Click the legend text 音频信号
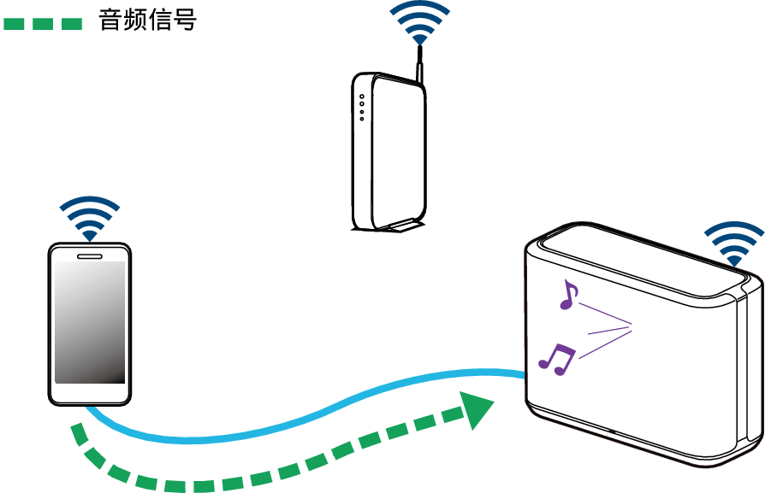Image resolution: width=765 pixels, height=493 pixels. (x=147, y=21)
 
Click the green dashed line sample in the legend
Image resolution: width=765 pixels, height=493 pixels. (x=43, y=22)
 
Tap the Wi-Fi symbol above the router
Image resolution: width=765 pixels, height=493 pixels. (x=419, y=22)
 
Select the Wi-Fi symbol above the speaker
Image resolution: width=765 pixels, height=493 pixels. (x=732, y=244)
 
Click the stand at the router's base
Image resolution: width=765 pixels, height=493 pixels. (x=400, y=226)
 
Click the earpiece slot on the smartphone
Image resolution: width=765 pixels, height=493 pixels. (x=90, y=254)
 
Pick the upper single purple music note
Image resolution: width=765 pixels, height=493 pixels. (x=567, y=294)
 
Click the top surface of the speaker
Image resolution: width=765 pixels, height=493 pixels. (x=642, y=256)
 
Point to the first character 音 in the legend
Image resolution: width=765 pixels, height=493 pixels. (x=110, y=21)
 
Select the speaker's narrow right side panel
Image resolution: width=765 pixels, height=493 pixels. (x=751, y=367)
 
